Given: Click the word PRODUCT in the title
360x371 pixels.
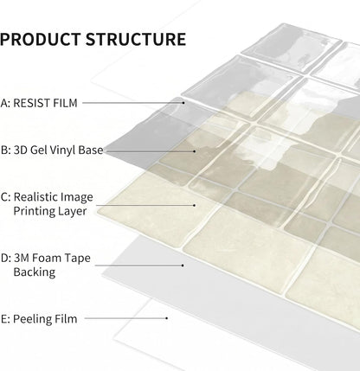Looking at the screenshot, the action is coord(41,40).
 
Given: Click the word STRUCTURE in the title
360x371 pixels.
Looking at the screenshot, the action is coord(136,40).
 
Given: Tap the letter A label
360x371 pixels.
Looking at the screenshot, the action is coord(5,103).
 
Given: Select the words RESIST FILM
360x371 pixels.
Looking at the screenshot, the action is coord(45,103).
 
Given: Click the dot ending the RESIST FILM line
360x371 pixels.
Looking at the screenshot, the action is coord(183,102).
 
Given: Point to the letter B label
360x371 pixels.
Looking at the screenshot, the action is coord(5,150).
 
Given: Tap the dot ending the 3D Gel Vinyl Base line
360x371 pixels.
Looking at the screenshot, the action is coord(195,151).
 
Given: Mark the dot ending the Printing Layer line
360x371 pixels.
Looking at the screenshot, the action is coord(195,205).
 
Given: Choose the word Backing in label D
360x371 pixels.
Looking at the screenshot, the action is coord(35,272).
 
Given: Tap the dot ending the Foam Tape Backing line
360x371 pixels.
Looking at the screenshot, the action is coord(183,265).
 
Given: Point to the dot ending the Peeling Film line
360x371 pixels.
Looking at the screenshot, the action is coord(167,318).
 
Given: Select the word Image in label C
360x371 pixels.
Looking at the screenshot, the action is coord(77,198).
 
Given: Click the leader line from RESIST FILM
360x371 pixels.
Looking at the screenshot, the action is coord(132,102).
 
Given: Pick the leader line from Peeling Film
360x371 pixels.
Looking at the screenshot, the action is coord(125,318).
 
